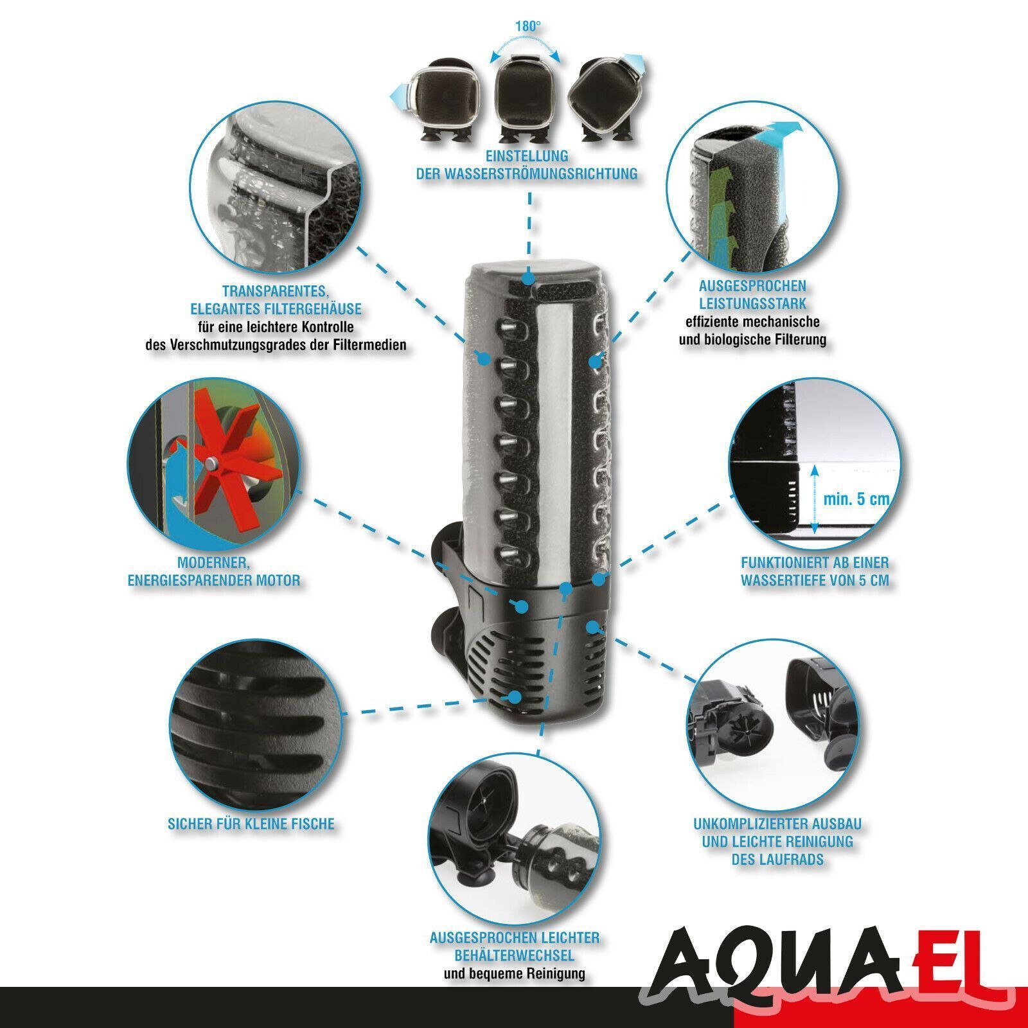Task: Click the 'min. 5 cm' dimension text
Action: coord(856,499)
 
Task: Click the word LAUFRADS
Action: coord(777,860)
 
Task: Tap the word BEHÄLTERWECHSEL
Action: coord(514,955)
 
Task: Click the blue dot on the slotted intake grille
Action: coord(515,696)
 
